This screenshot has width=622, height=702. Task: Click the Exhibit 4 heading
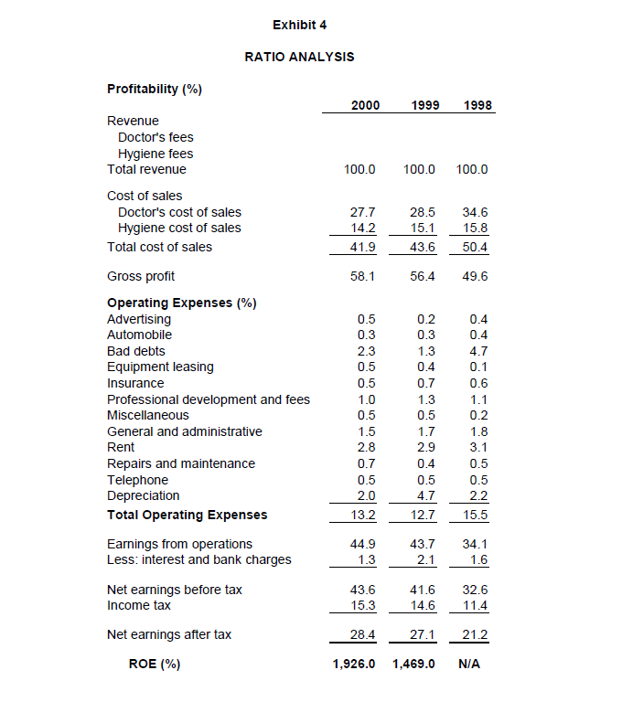point(299,23)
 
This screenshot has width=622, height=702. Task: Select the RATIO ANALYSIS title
point(299,57)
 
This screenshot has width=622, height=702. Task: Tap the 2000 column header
point(365,105)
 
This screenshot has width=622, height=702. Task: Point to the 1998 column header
point(477,105)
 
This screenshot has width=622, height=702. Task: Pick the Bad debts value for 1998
point(477,351)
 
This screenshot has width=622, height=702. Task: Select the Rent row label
point(121,447)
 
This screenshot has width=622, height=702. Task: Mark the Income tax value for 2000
point(363,605)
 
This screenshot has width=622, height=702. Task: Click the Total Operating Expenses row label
point(188,515)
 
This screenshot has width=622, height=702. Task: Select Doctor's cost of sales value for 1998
point(477,212)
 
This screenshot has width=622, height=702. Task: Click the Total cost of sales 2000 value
point(363,247)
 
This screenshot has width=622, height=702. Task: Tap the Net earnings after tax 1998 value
point(477,635)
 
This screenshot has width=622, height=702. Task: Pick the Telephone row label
point(137,480)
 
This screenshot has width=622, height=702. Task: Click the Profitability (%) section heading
point(155,89)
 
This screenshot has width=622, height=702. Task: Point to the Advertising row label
point(139,319)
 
